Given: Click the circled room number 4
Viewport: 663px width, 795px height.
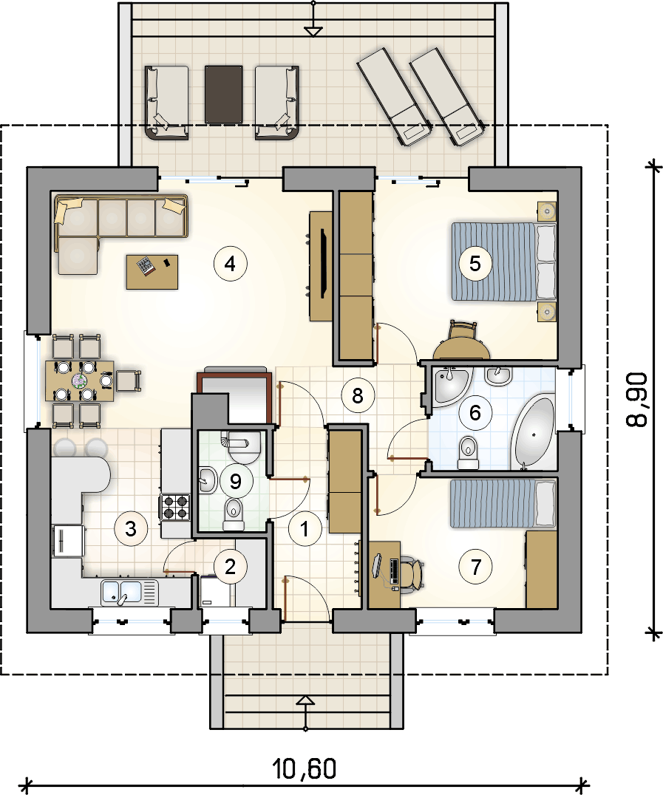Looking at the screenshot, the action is tap(231, 264).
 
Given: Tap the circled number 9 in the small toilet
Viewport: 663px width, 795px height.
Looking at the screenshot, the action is tap(235, 481).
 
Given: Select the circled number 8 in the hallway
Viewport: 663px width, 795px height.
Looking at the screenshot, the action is tap(358, 395).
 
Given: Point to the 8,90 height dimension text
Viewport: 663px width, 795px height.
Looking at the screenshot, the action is tap(637, 400).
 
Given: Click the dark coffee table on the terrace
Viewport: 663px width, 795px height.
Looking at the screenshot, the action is tap(223, 95).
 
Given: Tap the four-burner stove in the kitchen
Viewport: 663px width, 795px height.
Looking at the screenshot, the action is tap(175, 507).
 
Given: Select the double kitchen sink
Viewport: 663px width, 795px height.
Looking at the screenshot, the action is tap(129, 593).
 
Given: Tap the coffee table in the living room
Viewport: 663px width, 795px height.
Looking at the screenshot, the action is tap(152, 272).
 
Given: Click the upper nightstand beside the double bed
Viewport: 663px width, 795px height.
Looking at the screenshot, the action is tap(547, 211).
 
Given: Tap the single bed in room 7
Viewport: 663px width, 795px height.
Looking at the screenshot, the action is tap(503, 503).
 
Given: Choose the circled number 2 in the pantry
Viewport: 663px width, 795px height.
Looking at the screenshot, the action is tap(231, 567).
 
